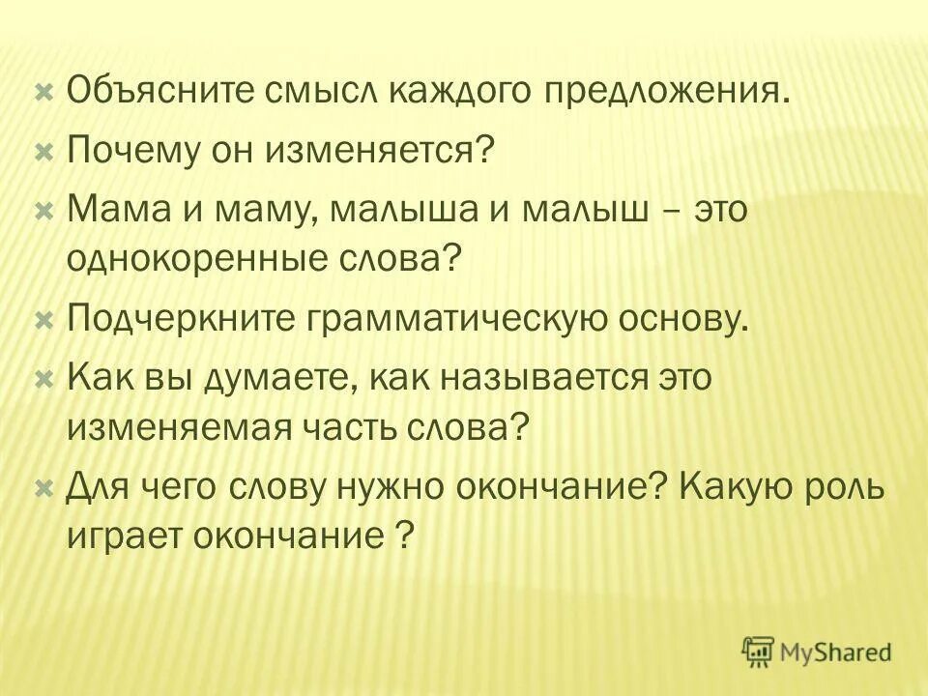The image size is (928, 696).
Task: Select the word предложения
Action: coord(670,93)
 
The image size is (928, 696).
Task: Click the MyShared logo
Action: coord(817,652)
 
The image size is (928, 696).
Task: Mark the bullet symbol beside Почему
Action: coord(43,151)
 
